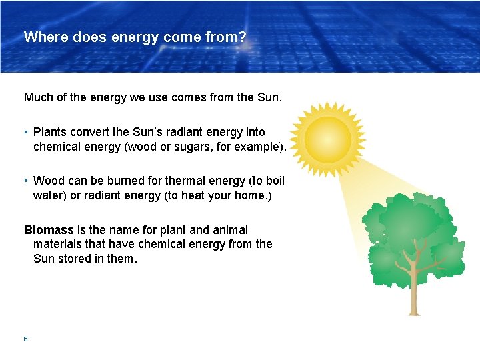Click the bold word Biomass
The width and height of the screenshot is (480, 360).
pyautogui.click(x=49, y=230)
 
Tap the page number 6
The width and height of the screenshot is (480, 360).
pyautogui.click(x=25, y=339)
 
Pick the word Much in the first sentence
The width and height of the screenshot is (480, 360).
pyautogui.click(x=39, y=97)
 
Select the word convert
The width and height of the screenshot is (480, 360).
pyautogui.click(x=91, y=132)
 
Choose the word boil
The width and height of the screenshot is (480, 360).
pyautogui.click(x=273, y=180)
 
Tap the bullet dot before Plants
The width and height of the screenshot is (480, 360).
pyautogui.click(x=25, y=132)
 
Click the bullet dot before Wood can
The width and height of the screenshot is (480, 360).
pyautogui.click(x=25, y=180)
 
